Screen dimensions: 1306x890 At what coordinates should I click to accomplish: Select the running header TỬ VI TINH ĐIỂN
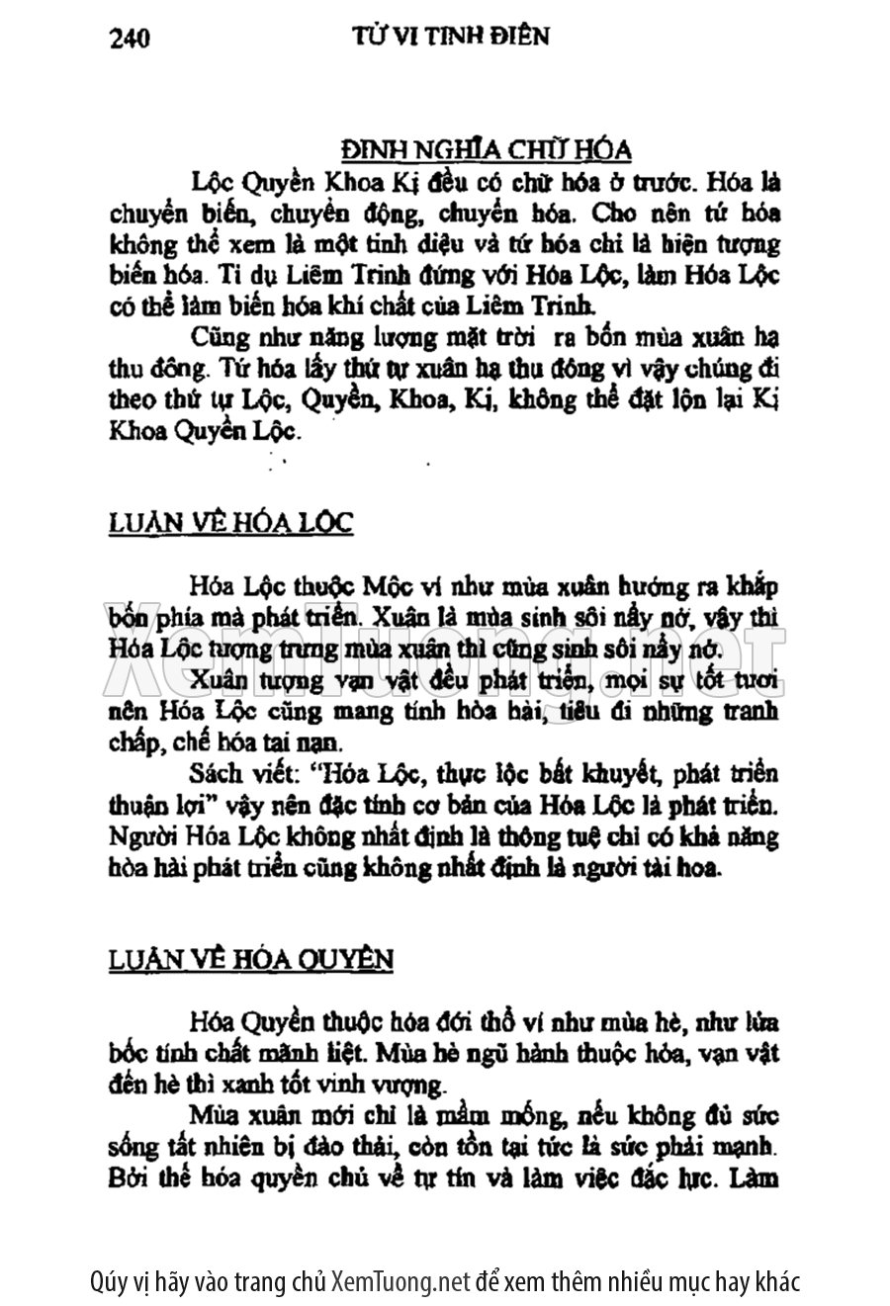pyautogui.click(x=450, y=36)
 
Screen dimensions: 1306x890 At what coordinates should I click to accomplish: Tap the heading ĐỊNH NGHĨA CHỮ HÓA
pyautogui.click(x=486, y=150)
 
